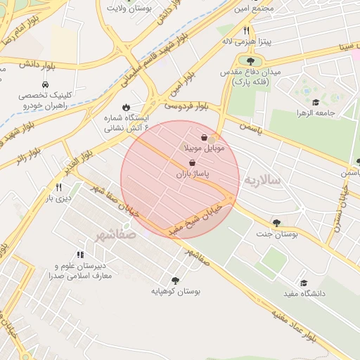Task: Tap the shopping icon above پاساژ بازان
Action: click(192, 162)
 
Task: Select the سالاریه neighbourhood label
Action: click(262, 181)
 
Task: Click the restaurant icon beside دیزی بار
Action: click(58, 187)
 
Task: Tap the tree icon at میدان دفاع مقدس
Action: click(250, 61)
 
